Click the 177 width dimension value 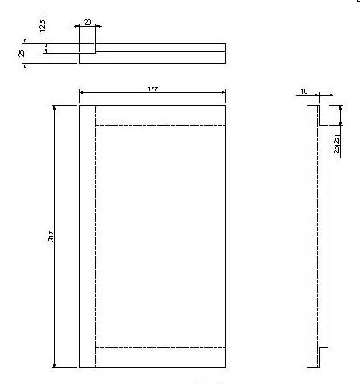(x=152, y=86)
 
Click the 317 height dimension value (x=52, y=238)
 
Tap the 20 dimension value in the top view (x=88, y=21)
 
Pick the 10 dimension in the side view (x=303, y=91)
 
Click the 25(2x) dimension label (x=337, y=143)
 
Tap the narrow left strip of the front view (x=87, y=237)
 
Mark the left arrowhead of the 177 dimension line (x=81, y=91)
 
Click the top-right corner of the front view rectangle (x=226, y=105)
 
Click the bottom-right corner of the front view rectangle (x=226, y=368)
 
